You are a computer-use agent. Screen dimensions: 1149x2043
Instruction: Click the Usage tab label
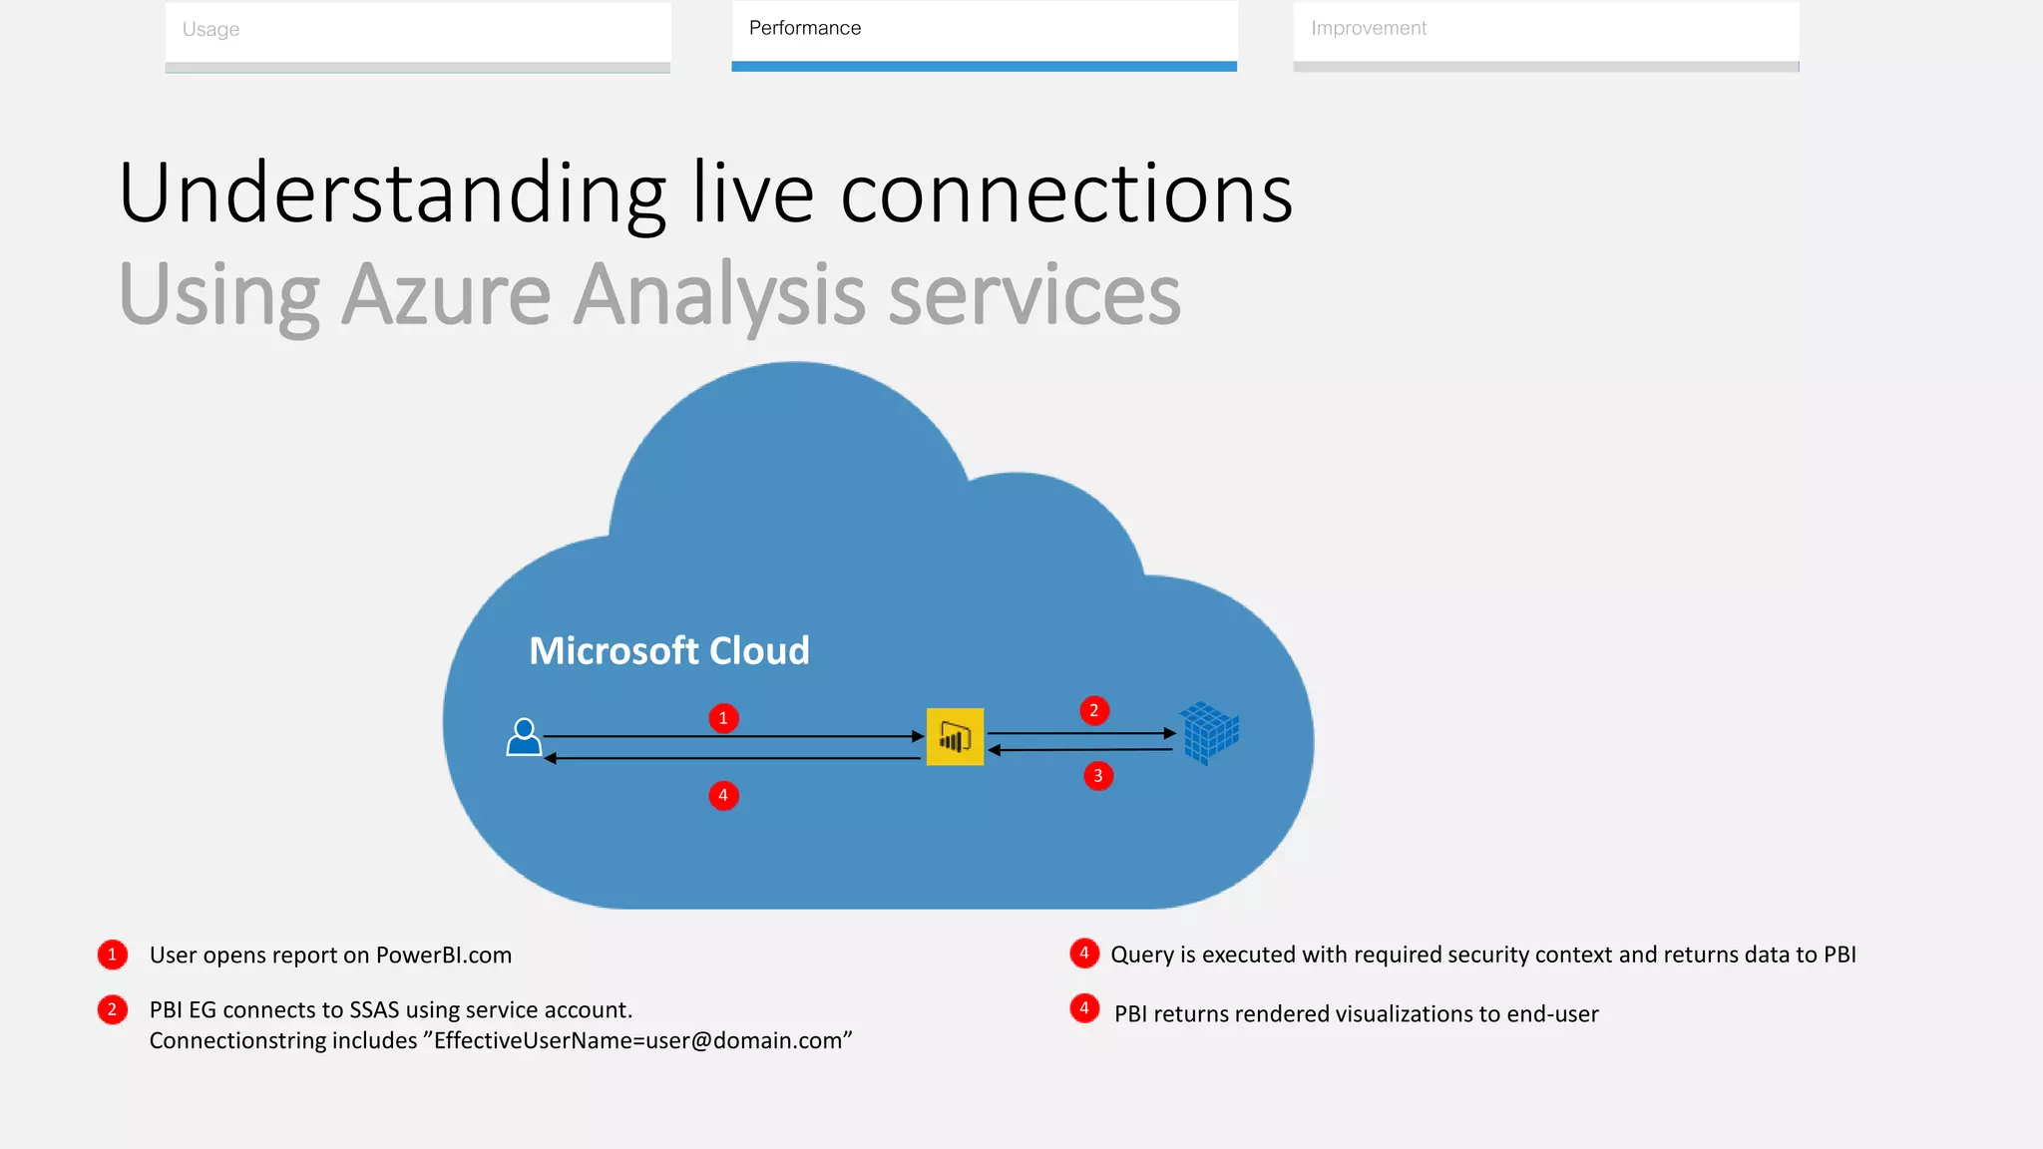pos(210,30)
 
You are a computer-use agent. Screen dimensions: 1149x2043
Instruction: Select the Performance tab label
pos(804,29)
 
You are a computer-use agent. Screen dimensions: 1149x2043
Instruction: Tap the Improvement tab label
pos(1368,29)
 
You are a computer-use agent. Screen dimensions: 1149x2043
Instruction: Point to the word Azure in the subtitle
pos(446,294)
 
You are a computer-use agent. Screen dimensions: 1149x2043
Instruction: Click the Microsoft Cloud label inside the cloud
pos(668,651)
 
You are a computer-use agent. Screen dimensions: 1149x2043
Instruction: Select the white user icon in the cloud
pos(524,738)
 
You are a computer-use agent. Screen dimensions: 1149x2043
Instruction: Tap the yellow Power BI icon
pos(955,737)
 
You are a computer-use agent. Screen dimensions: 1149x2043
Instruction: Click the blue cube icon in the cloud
pos(1209,733)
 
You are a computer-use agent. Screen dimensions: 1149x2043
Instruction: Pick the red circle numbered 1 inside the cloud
pos(723,718)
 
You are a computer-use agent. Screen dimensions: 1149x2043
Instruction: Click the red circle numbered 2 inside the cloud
pos(1094,711)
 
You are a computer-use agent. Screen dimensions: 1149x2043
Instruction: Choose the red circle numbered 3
pos(1098,776)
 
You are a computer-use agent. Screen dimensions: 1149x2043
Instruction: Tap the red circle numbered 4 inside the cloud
pos(723,796)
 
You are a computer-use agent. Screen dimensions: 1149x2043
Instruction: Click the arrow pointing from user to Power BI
pos(733,737)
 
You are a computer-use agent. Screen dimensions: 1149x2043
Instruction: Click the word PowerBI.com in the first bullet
pos(443,956)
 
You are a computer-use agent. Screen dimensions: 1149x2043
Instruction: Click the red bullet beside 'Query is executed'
pos(1084,954)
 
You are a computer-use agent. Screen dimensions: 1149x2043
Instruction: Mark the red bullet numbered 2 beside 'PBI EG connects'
pos(112,1010)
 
